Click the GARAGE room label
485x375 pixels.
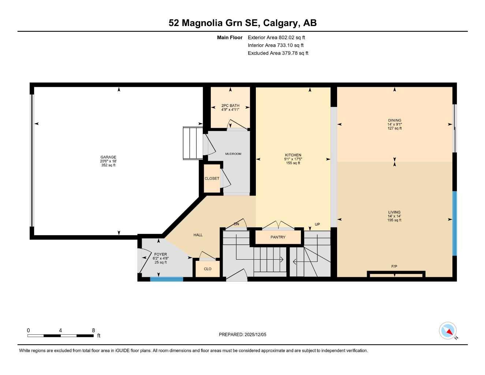click(108, 157)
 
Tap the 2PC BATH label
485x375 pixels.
click(230, 105)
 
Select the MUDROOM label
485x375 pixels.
click(233, 154)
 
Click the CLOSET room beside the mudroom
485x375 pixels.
click(212, 179)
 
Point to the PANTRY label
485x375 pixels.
click(278, 237)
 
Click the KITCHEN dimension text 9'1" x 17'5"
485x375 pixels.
click(293, 159)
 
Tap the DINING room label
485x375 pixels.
click(395, 120)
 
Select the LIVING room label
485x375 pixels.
click(394, 212)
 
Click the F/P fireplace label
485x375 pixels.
click(394, 267)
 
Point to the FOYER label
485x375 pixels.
click(160, 254)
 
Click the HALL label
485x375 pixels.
click(198, 235)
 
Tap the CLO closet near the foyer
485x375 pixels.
click(208, 269)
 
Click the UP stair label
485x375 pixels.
click(317, 224)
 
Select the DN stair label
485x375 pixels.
click(236, 224)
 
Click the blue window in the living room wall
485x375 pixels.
click(455, 223)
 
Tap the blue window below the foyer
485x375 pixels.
click(167, 279)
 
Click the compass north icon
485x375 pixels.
click(448, 331)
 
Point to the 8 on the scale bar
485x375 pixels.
click(93, 330)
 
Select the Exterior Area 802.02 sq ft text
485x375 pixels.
click(276, 37)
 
